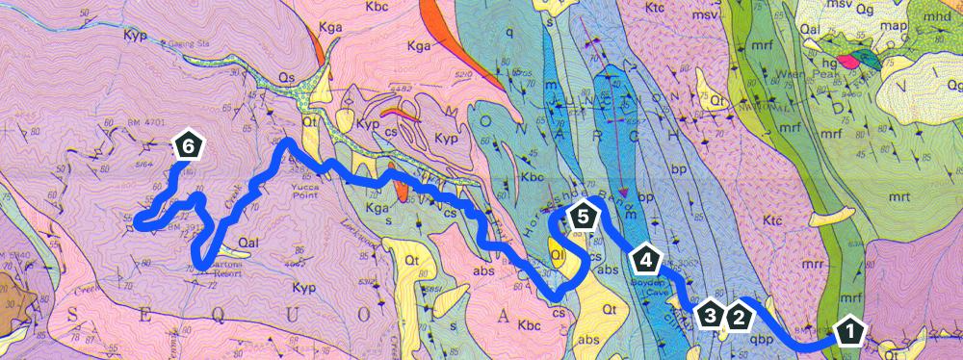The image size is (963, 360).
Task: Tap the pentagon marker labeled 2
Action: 739,315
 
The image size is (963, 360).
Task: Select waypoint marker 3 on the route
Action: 711,315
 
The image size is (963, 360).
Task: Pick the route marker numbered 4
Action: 646,259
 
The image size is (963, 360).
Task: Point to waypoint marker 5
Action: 581,216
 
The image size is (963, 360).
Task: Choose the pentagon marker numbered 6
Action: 189,145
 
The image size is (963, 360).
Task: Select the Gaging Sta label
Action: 188,43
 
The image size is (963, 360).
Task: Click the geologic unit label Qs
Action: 285,73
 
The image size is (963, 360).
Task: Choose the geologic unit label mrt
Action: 899,195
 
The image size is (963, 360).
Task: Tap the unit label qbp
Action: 762,338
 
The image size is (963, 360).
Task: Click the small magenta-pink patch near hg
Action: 848,62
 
